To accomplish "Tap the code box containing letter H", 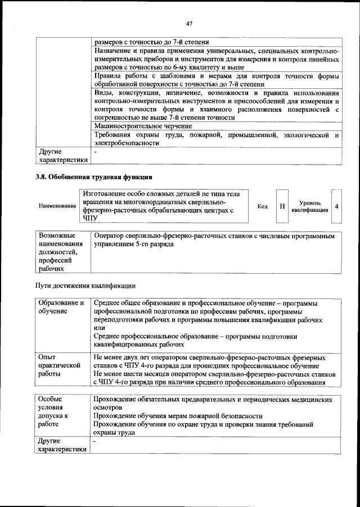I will tap(282, 206).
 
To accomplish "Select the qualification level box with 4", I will tap(336, 206).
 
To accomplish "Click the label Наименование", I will tap(57, 206).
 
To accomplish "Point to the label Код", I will tap(262, 206).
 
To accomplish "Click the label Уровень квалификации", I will tap(310, 206).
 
